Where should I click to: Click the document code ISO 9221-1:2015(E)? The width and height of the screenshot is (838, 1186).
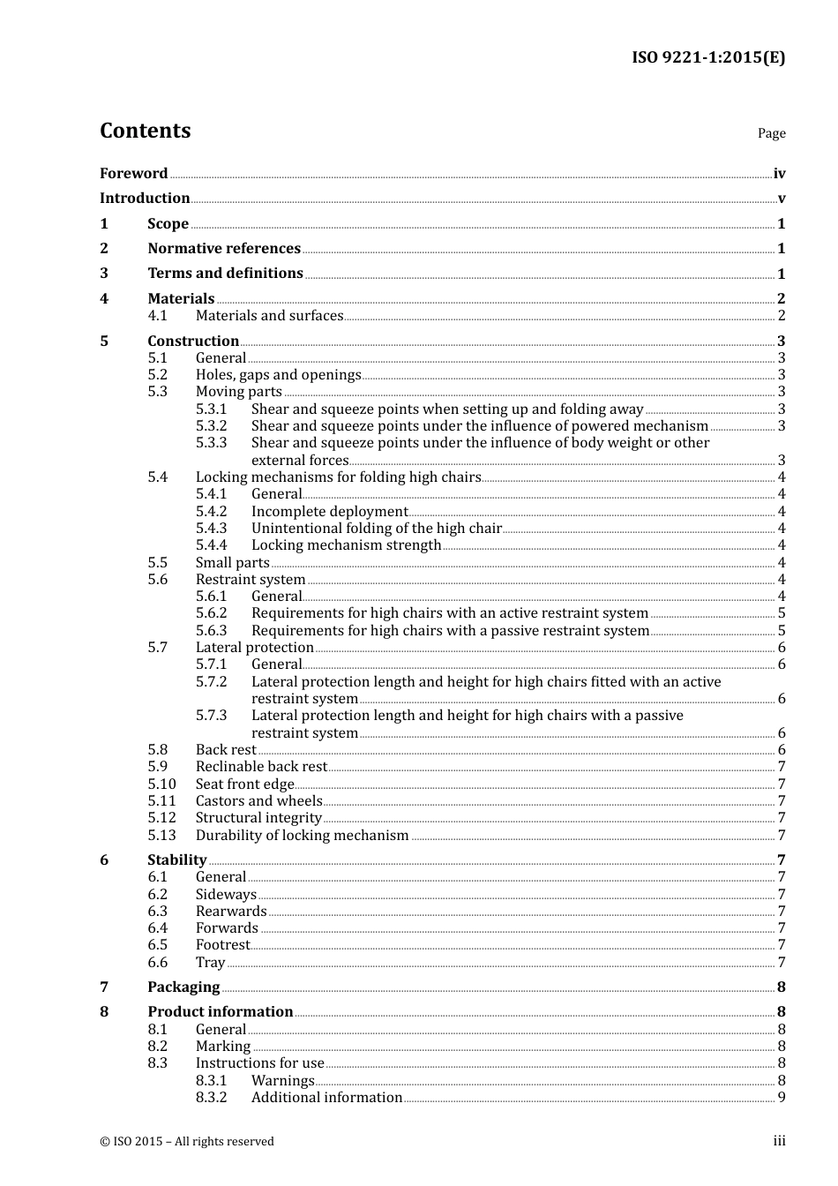point(707,57)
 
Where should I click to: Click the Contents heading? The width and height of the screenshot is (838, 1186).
point(145,131)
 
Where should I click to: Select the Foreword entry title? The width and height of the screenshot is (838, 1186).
point(133,173)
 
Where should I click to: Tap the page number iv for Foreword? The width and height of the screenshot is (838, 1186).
point(779,174)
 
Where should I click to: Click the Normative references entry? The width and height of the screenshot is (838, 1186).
point(224,248)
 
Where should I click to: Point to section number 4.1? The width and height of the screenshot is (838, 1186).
point(157,315)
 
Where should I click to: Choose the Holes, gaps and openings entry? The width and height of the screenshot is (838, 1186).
point(278,374)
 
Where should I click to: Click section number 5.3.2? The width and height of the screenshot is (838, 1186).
point(211,425)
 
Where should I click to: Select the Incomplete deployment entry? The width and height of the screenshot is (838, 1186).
point(329,511)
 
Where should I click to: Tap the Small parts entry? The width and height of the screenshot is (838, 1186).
point(232,562)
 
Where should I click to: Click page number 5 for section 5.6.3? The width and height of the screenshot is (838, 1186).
point(782,630)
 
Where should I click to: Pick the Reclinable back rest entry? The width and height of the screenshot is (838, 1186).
point(261,766)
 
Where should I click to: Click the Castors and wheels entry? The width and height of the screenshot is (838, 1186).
point(258,800)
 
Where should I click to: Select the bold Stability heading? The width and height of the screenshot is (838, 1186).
point(176,859)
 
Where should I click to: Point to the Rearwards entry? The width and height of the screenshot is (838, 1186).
point(231,911)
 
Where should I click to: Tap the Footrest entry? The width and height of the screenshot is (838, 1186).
point(222,944)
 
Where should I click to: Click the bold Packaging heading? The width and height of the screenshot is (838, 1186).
point(183,987)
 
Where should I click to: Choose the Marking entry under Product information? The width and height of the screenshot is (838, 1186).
point(222,1046)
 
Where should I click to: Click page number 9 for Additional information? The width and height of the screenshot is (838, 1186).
point(782,1097)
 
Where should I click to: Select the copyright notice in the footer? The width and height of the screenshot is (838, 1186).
point(187,1141)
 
